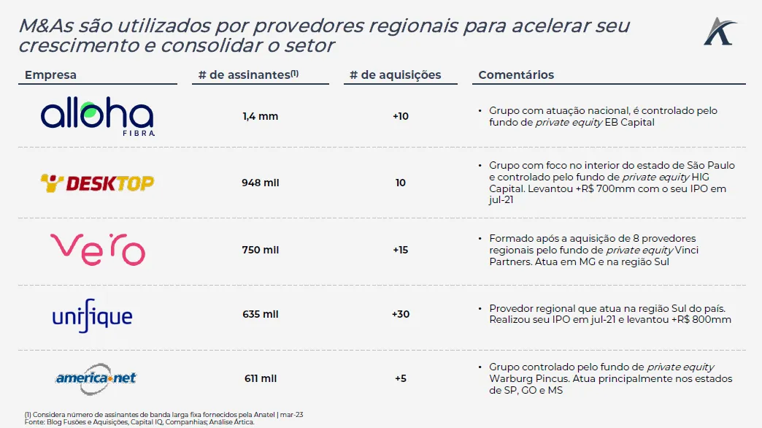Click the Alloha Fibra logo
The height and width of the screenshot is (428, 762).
[x=97, y=118]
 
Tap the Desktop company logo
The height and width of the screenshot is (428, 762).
[x=97, y=183]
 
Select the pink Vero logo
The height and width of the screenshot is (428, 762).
[x=97, y=249]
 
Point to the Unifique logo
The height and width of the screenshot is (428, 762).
[x=92, y=316]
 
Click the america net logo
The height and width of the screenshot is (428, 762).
[x=96, y=378]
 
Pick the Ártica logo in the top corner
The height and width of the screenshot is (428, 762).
[x=720, y=31]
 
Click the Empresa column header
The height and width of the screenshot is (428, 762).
[x=50, y=75]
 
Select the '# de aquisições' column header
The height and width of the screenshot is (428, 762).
[x=395, y=75]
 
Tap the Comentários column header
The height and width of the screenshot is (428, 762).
[x=516, y=75]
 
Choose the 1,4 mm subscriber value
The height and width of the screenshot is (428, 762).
[x=261, y=116]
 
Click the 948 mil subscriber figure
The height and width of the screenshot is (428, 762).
[x=261, y=183]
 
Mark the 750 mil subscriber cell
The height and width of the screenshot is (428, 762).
[x=261, y=250]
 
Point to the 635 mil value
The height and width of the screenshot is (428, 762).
[x=261, y=314]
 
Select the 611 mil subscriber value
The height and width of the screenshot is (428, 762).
[x=261, y=378]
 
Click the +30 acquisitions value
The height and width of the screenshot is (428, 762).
[x=401, y=314]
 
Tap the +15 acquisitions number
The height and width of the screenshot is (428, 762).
[x=401, y=250]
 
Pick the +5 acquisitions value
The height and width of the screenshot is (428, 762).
[x=401, y=378]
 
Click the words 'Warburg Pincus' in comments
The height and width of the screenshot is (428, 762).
[x=524, y=379]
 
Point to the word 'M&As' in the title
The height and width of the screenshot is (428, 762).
[x=45, y=26]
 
